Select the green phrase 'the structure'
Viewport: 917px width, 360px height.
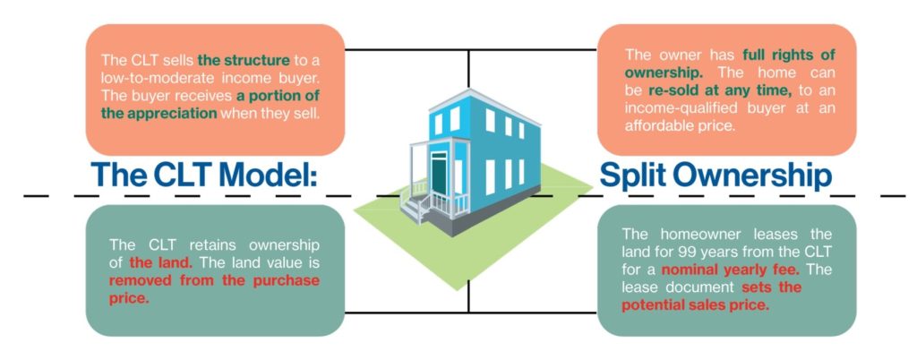(244, 61)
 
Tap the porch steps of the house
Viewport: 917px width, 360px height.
(417, 206)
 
